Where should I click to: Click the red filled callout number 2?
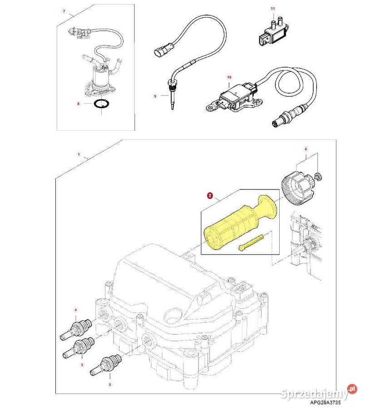pos(210,195)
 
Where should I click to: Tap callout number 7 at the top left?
pos(64,11)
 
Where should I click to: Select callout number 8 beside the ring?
pos(78,104)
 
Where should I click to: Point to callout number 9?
pos(155,96)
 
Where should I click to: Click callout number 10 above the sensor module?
pos(229,77)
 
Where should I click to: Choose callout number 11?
pos(272,9)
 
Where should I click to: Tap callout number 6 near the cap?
pos(306,149)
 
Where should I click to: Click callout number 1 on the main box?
pos(79,154)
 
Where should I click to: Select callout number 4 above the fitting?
pos(75,310)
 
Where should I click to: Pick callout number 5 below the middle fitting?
pos(82,364)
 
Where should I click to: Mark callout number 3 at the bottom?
pos(110,384)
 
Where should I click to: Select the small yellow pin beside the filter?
pos(251,243)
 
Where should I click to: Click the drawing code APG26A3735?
pos(325,403)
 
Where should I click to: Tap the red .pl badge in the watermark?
pos(351,389)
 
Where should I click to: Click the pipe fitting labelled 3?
pos(106,365)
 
